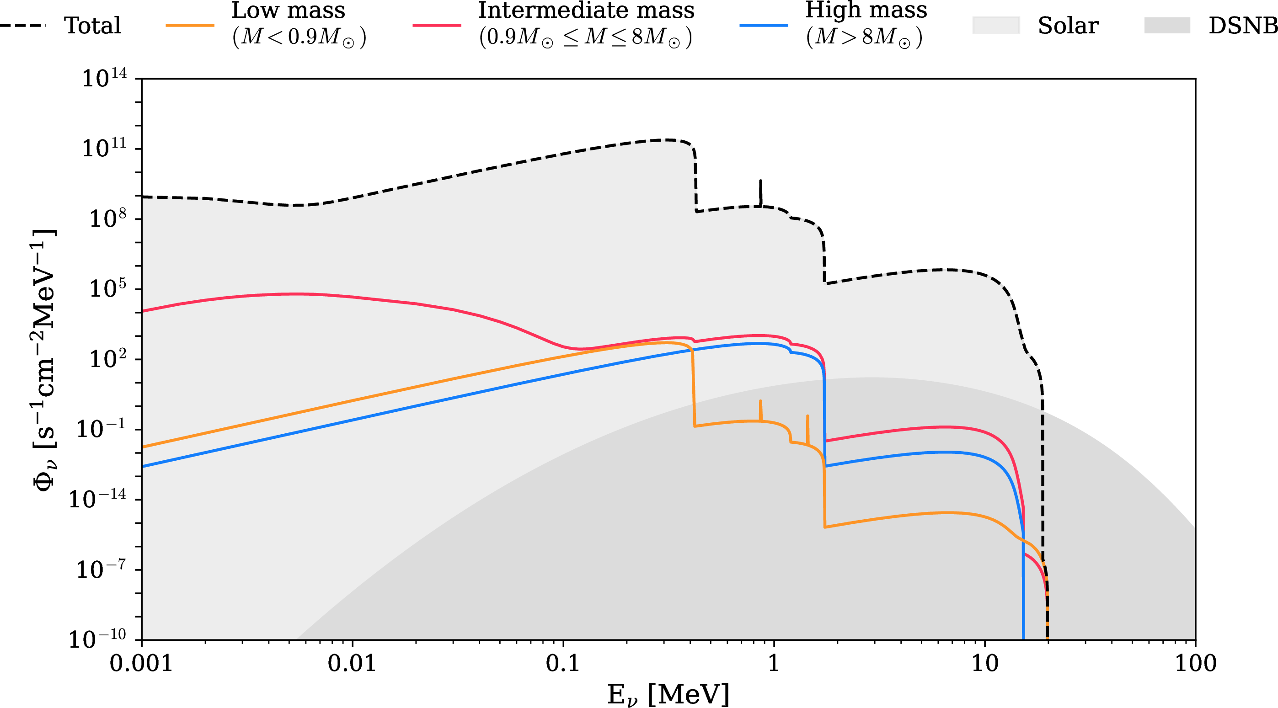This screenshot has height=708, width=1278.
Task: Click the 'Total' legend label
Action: point(92,25)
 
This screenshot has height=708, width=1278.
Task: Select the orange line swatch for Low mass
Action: point(190,25)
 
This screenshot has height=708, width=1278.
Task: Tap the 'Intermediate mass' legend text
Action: point(586,11)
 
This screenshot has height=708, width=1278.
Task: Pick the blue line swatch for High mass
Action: point(764,25)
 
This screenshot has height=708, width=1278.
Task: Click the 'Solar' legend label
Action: point(1068,25)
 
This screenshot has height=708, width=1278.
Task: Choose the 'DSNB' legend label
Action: point(1242,25)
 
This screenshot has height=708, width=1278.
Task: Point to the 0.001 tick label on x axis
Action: point(141,663)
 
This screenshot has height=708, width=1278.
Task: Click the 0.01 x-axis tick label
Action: point(352,663)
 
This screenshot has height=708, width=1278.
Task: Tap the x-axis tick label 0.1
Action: point(562,663)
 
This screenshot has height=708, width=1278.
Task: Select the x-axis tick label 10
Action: point(984,663)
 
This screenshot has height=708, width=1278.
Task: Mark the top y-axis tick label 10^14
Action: point(104,78)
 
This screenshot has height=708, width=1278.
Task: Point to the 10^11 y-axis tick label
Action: point(104,148)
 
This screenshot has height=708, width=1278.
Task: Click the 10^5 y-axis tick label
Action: point(107,288)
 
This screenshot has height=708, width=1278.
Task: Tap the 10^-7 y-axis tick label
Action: point(101,569)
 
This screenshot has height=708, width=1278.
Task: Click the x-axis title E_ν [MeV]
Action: point(668,694)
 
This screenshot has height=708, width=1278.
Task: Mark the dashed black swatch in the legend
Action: point(22,25)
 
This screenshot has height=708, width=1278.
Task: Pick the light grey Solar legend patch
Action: point(996,25)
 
